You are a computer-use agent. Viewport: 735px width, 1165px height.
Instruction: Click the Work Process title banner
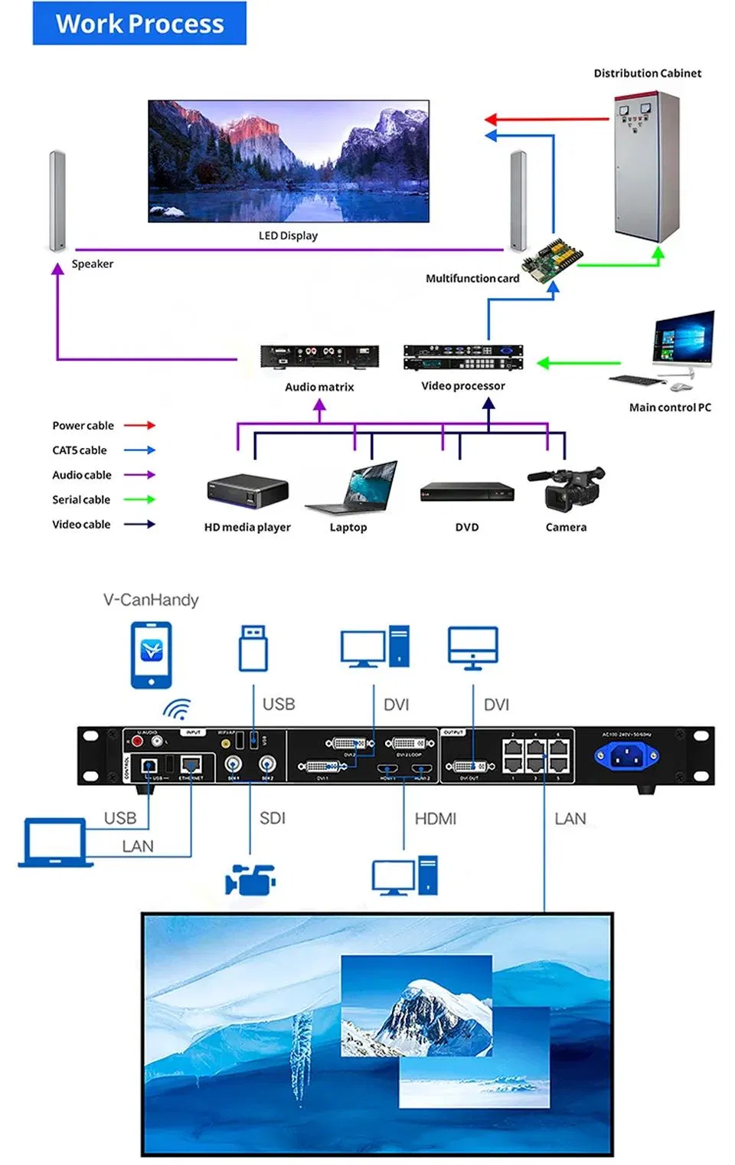pyautogui.click(x=139, y=24)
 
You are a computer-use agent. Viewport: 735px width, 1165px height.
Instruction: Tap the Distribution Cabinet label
pyautogui.click(x=647, y=74)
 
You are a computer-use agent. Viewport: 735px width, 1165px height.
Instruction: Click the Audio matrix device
pyautogui.click(x=319, y=357)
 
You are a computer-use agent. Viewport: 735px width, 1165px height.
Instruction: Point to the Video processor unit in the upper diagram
pyautogui.click(x=463, y=357)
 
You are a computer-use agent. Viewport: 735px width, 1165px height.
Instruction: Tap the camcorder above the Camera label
pyautogui.click(x=566, y=489)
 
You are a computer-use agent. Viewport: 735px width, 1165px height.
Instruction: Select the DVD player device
pyautogui.click(x=467, y=492)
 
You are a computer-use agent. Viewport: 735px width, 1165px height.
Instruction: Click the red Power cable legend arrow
pyautogui.click(x=140, y=425)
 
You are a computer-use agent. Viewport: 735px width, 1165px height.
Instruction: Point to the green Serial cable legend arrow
pyautogui.click(x=140, y=499)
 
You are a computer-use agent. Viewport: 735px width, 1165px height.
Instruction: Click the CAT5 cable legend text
pyautogui.click(x=80, y=450)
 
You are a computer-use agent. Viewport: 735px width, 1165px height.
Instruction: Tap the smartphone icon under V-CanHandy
pyautogui.click(x=152, y=654)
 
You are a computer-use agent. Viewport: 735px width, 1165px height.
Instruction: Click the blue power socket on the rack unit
pyautogui.click(x=626, y=757)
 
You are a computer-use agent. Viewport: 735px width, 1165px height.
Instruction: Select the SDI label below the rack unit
pyautogui.click(x=273, y=818)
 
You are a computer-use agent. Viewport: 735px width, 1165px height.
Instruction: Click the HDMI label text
pyautogui.click(x=435, y=819)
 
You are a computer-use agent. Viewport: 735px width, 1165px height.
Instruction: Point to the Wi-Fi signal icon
pyautogui.click(x=177, y=710)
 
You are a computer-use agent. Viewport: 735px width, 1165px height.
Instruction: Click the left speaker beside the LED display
pyautogui.click(x=57, y=201)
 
